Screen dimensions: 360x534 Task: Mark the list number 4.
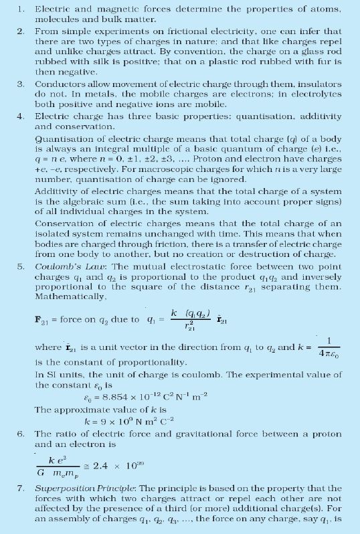click(x=21, y=116)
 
